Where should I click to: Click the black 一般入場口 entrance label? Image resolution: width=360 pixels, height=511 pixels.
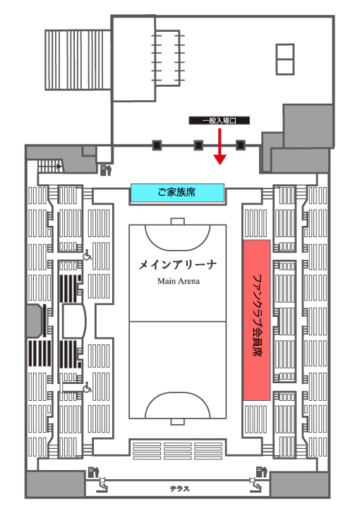pos(220,121)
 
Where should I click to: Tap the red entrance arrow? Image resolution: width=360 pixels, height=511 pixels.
pos(220,146)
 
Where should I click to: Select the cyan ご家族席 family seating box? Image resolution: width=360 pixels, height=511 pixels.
pos(178,193)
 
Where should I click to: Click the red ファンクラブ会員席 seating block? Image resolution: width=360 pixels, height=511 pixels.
pos(257,320)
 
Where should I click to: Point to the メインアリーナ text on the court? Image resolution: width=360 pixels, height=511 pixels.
pos(178,265)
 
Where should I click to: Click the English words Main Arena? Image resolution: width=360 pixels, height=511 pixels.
pos(179,281)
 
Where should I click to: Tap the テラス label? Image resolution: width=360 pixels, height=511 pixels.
pos(179,489)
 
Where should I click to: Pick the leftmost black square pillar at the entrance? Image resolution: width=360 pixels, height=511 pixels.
pos(157,145)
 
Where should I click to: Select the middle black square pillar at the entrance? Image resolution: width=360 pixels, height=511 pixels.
pos(198,145)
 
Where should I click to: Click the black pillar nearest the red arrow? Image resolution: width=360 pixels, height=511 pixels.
pos(241,145)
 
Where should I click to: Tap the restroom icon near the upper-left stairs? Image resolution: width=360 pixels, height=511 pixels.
pos(106,170)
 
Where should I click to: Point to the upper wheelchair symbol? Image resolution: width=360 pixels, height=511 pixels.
pos(87,255)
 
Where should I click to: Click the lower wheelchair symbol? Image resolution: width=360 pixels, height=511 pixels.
pos(87,387)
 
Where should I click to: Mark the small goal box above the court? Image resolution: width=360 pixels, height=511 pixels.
pos(178,222)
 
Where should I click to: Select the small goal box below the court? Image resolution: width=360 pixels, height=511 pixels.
pos(178,421)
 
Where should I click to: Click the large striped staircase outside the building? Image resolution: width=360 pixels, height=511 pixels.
pos(78,60)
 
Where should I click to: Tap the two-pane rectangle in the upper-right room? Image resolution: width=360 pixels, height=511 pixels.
pos(285,59)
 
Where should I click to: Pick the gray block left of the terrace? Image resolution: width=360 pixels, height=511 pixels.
pos(55,484)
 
